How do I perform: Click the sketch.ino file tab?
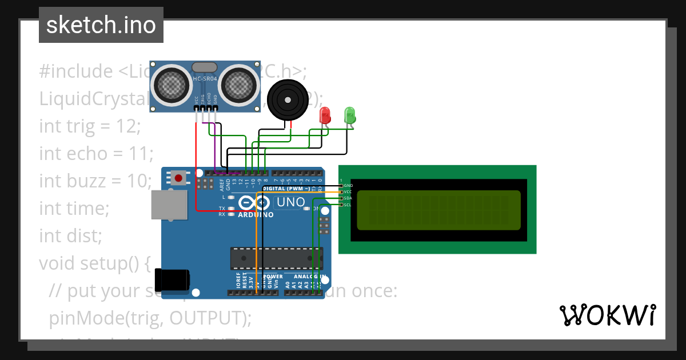101,25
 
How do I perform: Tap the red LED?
325,115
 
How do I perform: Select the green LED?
349,115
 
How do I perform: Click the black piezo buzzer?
288,99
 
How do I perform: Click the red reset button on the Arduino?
178,178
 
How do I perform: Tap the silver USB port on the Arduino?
169,205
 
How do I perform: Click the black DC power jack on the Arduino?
174,280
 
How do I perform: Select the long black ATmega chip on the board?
276,258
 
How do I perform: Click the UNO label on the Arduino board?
290,202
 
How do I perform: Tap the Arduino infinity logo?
254,203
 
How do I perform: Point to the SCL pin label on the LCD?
348,205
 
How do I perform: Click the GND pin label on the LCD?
348,186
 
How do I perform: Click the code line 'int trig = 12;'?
90,126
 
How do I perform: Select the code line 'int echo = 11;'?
96,154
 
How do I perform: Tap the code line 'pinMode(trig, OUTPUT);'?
150,318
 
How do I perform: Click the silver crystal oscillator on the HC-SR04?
204,67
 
